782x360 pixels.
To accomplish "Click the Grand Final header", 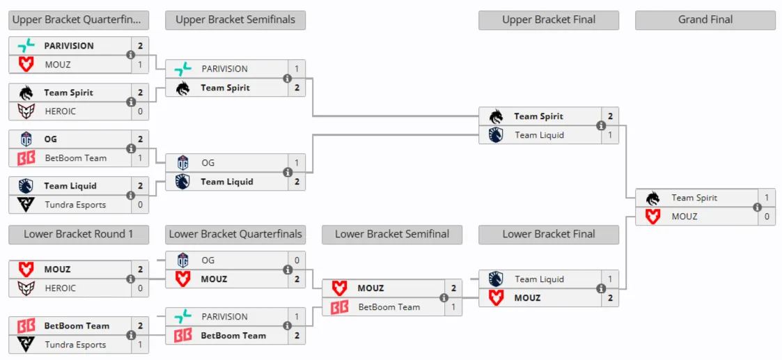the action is [x=705, y=20].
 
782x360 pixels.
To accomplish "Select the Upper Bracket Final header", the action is [x=549, y=20].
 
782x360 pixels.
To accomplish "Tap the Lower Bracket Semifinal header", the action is [x=392, y=235].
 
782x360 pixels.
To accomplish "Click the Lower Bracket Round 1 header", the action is [x=78, y=235].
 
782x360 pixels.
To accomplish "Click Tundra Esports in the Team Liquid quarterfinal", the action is [x=75, y=205].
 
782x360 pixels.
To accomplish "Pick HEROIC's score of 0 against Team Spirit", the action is [x=140, y=111].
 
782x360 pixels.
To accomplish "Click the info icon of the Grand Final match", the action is [x=758, y=208].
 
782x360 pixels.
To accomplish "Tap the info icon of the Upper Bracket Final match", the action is [x=601, y=125].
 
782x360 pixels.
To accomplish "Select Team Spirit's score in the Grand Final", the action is [x=767, y=198].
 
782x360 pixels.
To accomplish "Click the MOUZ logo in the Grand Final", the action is [x=652, y=217].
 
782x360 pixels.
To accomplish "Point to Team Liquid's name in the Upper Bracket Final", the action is [x=539, y=135].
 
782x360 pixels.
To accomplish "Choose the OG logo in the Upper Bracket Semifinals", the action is [x=183, y=163].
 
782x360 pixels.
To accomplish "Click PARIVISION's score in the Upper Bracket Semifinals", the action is [x=297, y=69].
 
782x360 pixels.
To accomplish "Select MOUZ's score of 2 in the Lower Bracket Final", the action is [x=610, y=298].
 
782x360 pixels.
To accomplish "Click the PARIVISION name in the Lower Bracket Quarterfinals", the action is [x=224, y=317].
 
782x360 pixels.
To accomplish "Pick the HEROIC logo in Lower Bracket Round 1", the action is [x=26, y=288].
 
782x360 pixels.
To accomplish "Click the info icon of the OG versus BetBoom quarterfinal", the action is [x=131, y=148].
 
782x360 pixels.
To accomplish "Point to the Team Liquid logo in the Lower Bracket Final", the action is [x=496, y=279].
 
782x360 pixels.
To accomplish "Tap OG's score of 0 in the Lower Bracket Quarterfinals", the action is [x=297, y=260].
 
